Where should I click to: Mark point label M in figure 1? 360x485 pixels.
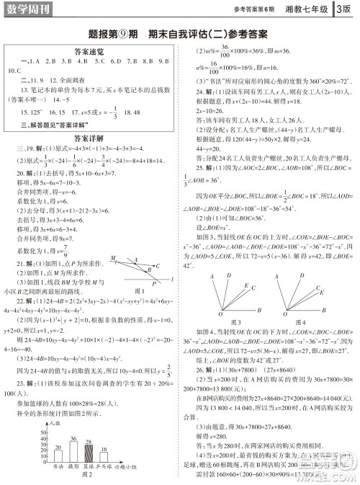[x=114, y=236]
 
